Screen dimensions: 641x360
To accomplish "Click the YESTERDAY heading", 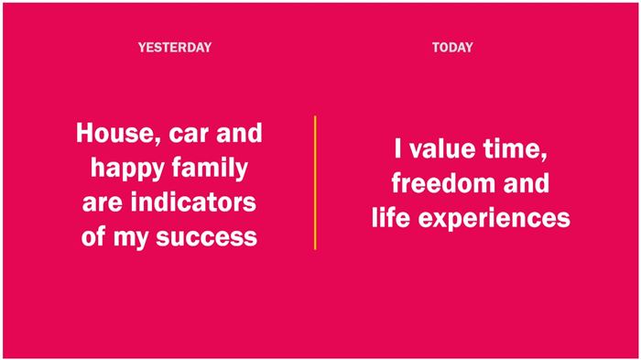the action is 175,48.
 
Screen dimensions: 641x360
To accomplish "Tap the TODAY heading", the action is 452,48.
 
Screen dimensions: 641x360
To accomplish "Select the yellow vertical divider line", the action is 315,182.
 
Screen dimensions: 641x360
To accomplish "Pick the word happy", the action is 127,169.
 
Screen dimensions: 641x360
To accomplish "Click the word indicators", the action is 193,202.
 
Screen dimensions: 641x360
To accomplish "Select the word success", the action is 206,238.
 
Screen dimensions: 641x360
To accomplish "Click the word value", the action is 442,148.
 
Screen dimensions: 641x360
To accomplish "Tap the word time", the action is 515,149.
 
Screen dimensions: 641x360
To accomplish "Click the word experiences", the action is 494,220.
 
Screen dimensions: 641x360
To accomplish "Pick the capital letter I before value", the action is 398,148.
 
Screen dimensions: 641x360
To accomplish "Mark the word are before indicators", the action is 103,203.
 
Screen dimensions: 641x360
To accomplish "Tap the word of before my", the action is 93,237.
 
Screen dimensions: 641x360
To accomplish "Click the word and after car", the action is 239,134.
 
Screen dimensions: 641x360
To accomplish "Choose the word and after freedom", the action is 527,183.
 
